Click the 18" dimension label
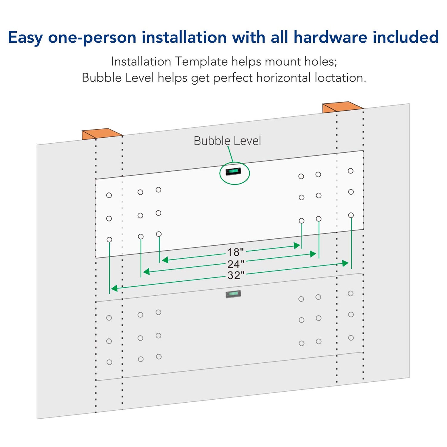[x=235, y=252]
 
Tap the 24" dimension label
[x=236, y=264]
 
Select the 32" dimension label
[x=236, y=275]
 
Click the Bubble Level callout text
[x=227, y=141]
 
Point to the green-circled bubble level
[x=233, y=171]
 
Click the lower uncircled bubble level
[x=233, y=294]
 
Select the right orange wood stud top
[x=343, y=107]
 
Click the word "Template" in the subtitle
[x=201, y=62]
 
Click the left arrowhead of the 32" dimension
[x=114, y=288]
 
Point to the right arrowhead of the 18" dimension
[x=297, y=246]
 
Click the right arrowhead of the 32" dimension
[x=345, y=263]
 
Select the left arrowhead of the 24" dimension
[x=146, y=271]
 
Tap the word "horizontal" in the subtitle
[x=284, y=78]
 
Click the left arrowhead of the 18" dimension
[x=165, y=260]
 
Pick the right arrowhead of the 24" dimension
[x=313, y=254]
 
